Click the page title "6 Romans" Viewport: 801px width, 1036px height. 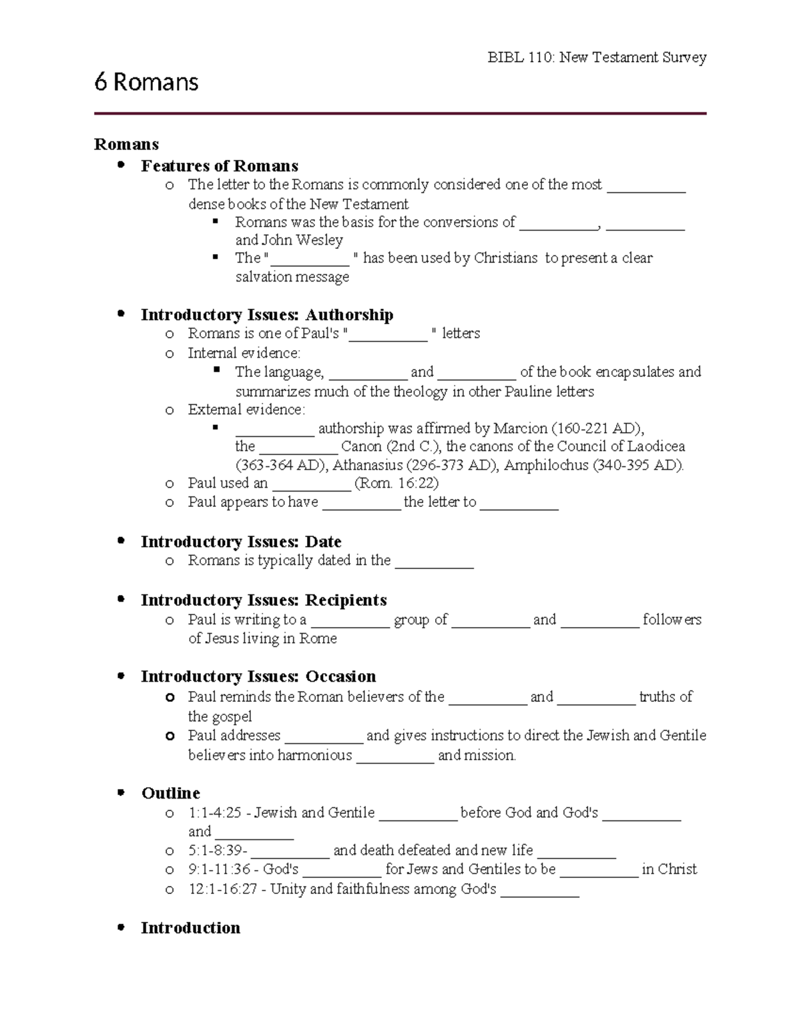(x=146, y=82)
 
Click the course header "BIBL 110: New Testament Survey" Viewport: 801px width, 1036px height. (x=597, y=57)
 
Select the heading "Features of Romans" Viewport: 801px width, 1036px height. (x=219, y=165)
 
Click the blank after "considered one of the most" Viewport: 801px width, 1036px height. (x=646, y=186)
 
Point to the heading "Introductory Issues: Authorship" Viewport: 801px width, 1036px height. (x=266, y=314)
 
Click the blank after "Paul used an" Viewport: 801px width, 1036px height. (x=311, y=485)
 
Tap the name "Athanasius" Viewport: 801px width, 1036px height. (x=367, y=465)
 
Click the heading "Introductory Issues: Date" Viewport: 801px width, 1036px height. (x=241, y=541)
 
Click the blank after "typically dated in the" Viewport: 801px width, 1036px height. (x=434, y=562)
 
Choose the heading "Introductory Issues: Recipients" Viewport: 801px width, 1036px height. (x=264, y=600)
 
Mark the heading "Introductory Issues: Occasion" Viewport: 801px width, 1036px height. (x=258, y=676)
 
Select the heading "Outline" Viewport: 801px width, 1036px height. (x=170, y=793)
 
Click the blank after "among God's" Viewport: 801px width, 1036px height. (x=539, y=891)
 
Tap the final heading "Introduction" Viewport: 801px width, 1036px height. (x=190, y=927)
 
